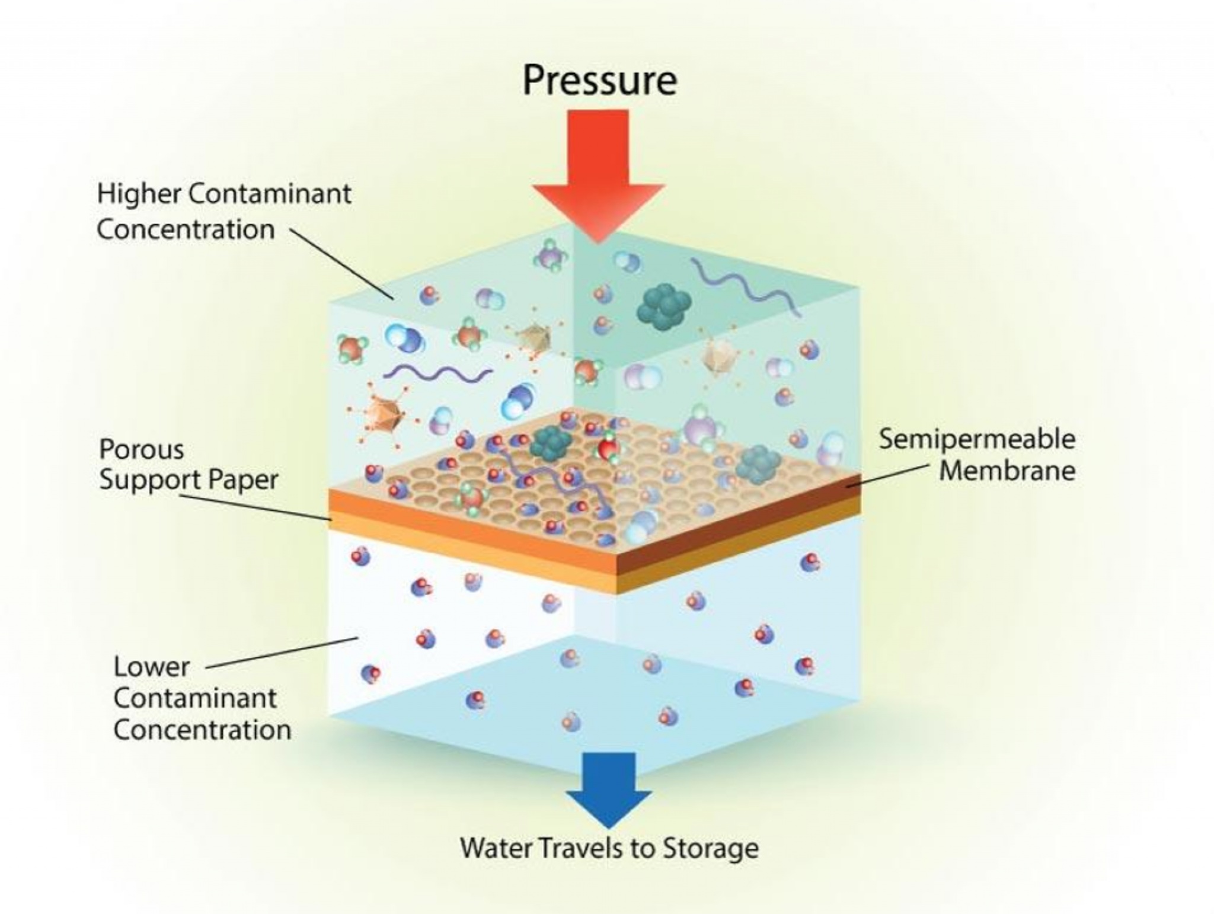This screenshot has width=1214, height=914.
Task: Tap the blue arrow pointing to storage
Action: (x=609, y=790)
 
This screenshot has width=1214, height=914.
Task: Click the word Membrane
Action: (x=1007, y=471)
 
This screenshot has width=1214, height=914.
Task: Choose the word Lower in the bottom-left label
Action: (x=152, y=667)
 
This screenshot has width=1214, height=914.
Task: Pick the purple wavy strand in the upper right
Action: (x=745, y=286)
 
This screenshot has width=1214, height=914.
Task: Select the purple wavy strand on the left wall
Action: (x=437, y=372)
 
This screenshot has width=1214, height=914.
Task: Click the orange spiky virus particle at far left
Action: (x=382, y=413)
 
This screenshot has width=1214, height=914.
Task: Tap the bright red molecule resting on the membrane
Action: (x=608, y=448)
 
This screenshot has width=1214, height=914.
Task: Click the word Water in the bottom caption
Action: (x=496, y=848)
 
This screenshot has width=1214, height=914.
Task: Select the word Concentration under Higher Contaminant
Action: (x=186, y=229)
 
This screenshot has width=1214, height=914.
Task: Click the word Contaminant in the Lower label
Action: (x=194, y=698)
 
